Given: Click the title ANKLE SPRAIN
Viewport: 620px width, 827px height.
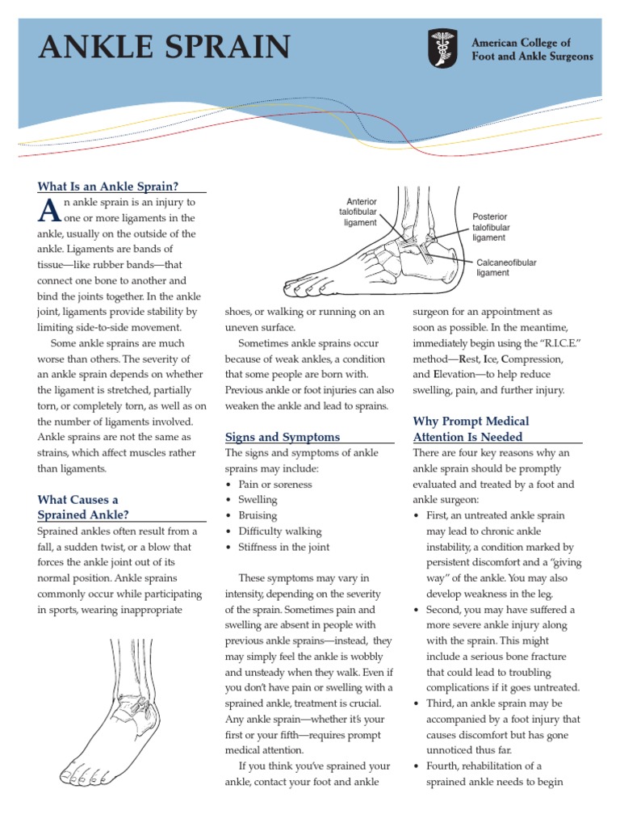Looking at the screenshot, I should (165, 48).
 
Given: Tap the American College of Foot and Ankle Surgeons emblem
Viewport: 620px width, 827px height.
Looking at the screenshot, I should (442, 48).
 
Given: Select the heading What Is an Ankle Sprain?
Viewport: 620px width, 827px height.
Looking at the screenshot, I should (107, 186).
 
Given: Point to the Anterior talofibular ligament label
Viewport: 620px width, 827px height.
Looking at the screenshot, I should (358, 212).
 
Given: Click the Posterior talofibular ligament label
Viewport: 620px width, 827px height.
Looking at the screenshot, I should (491, 228).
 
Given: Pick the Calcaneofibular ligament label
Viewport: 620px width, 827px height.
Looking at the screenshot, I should (506, 268).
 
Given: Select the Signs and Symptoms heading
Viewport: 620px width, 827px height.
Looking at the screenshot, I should (282, 437).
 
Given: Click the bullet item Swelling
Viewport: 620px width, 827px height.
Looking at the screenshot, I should (258, 500).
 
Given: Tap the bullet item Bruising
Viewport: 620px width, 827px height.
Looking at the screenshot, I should (258, 515).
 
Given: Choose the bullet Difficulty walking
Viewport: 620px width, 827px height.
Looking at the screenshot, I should (279, 531).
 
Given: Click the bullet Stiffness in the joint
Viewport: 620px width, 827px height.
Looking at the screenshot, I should (283, 547).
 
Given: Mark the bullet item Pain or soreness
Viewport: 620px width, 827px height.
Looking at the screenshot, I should (274, 485).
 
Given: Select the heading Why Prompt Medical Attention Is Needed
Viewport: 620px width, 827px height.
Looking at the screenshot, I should (471, 429).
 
